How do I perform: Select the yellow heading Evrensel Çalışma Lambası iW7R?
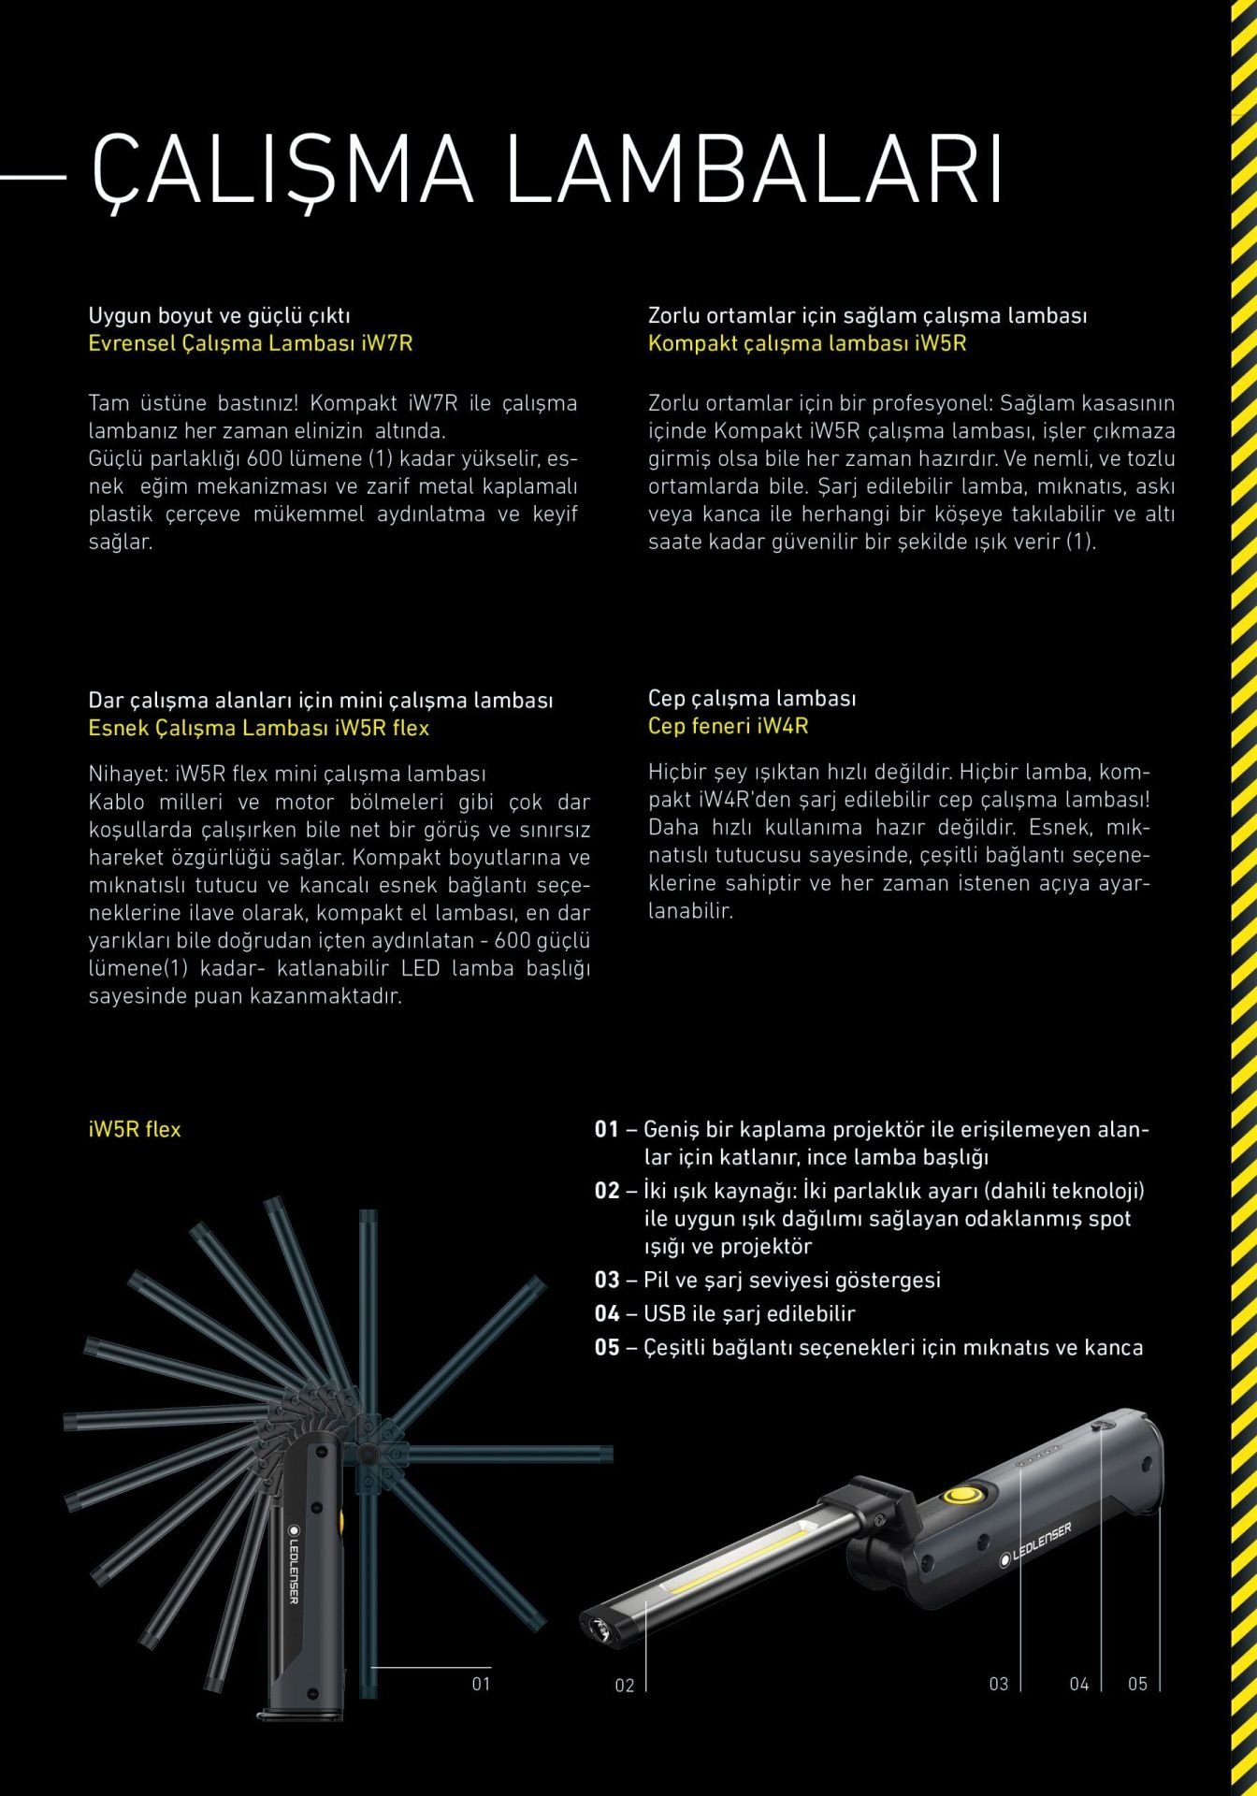tap(250, 343)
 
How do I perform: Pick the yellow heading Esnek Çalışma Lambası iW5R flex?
tap(258, 728)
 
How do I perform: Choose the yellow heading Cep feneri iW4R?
tap(728, 726)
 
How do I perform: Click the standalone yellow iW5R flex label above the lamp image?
tap(135, 1129)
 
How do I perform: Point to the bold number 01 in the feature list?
tap(607, 1129)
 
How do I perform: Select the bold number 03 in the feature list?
tap(607, 1280)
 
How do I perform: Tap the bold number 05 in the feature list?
tap(607, 1347)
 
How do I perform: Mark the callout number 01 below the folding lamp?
tap(481, 1684)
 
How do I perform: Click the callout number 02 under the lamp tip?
tap(625, 1686)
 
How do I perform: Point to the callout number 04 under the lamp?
tap(1079, 1684)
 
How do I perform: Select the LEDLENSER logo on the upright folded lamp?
tap(292, 1572)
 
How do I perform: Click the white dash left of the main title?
tap(34, 176)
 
